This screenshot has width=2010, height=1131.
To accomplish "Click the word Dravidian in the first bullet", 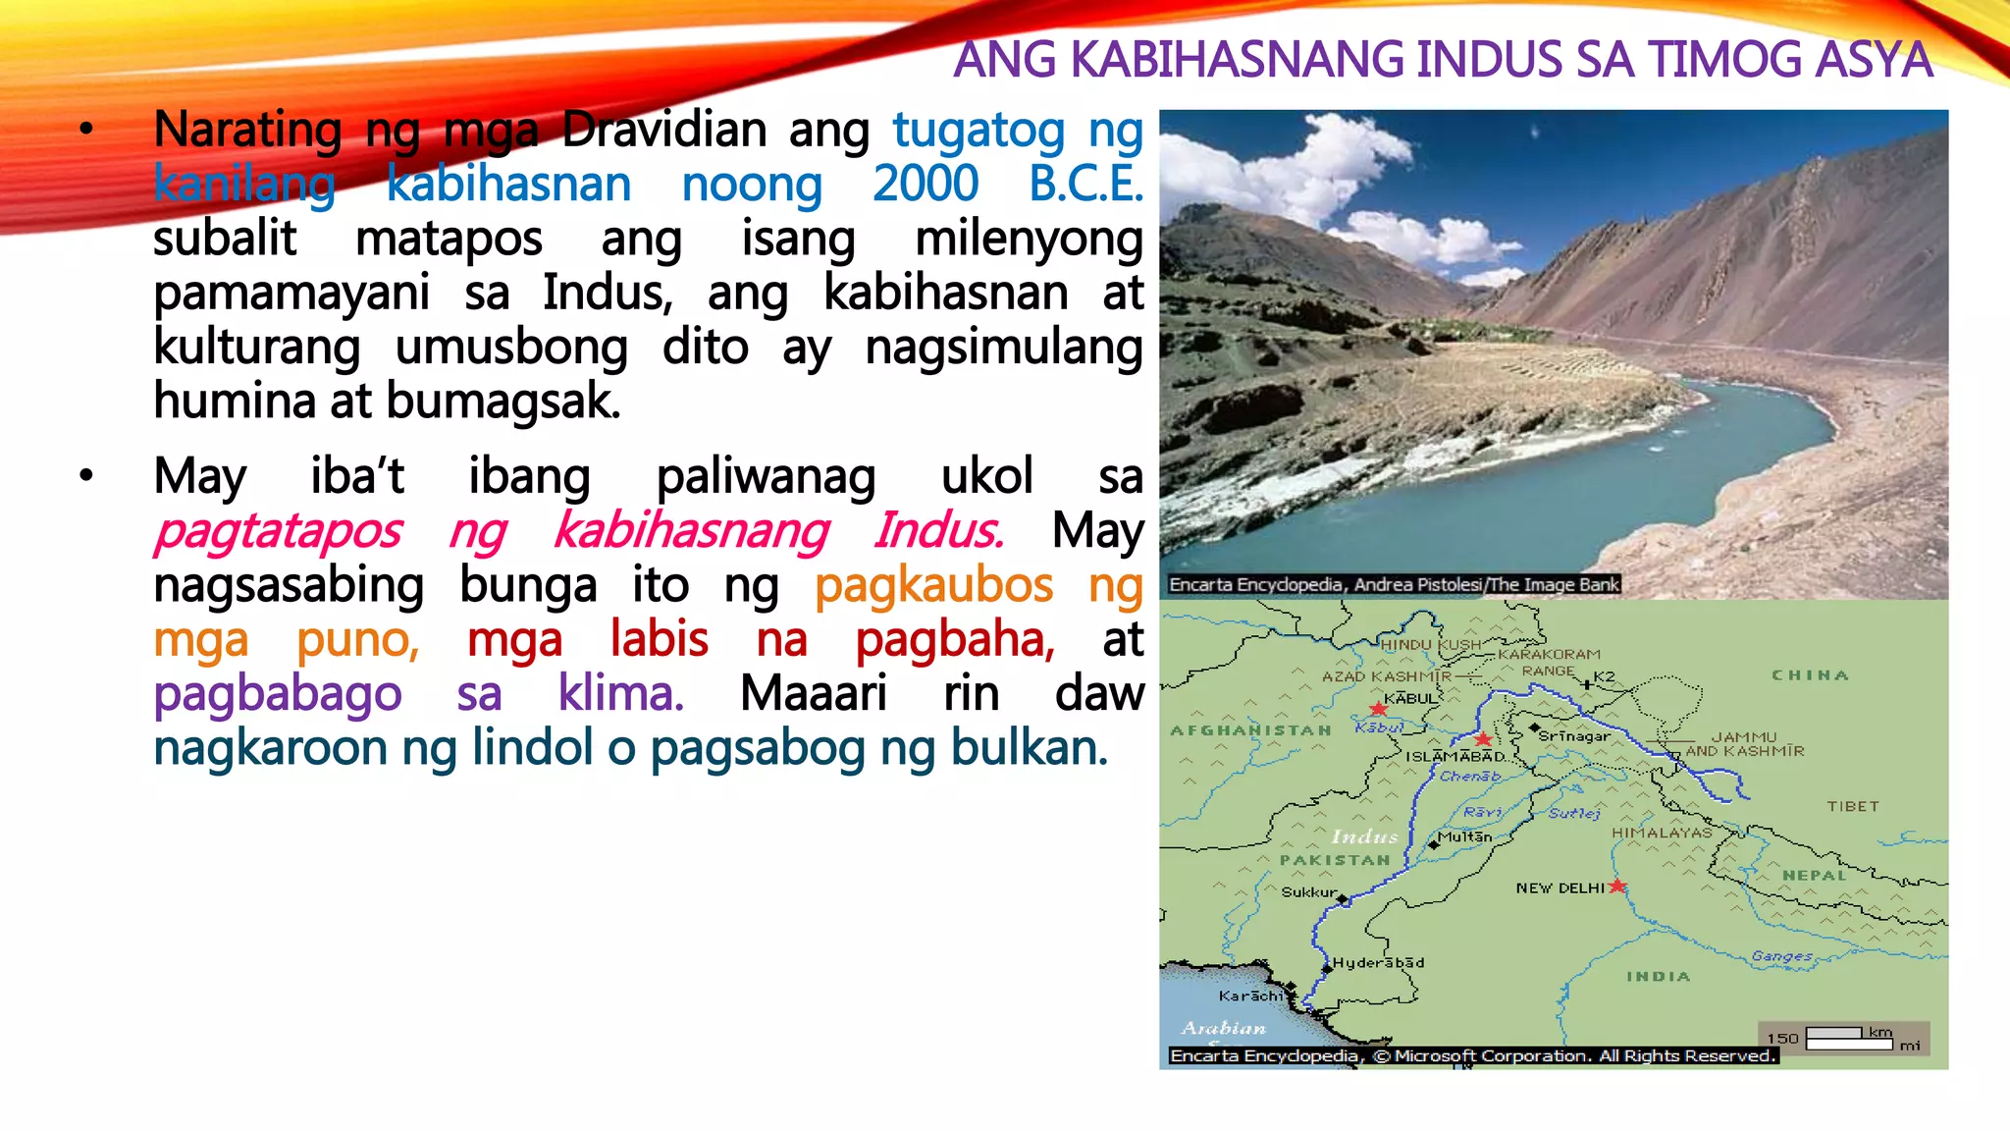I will coord(663,131).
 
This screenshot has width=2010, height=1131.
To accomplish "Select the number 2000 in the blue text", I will coord(925,185).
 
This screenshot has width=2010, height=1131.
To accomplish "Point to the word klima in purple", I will coord(619,694).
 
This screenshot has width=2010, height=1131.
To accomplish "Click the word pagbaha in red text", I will coord(954,640).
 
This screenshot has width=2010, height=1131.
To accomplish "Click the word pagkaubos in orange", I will coord(933,586).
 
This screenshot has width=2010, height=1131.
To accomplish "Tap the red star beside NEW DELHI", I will coord(1617,887).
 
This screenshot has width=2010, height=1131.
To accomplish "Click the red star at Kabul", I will coord(1379,709).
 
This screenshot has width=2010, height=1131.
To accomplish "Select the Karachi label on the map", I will coord(1250,996).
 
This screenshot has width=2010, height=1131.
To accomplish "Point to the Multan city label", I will coord(1464,837).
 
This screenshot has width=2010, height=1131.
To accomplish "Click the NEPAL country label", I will coord(1815,875).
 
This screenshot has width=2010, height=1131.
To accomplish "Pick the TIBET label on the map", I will coord(1853,806).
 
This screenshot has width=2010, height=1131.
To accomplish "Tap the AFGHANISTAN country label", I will coord(1250,730).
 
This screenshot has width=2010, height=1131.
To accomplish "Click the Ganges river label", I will coord(1781,955).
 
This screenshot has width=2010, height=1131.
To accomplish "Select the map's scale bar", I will coord(1849,1039).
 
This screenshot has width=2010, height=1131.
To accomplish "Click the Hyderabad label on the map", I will coord(1378,963).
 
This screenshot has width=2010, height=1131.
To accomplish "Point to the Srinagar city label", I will coord(1574,735).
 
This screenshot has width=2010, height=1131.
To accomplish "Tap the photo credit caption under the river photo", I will coord(1394,585).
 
